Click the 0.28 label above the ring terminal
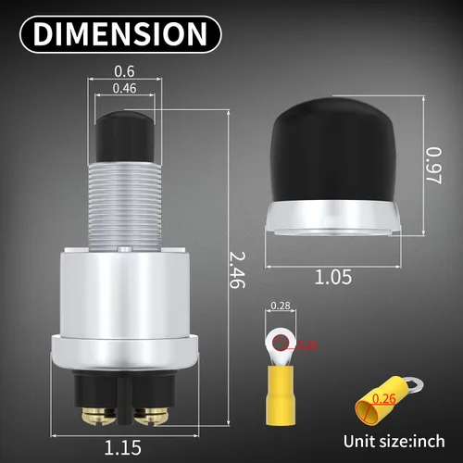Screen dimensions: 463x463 click(281, 306)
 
